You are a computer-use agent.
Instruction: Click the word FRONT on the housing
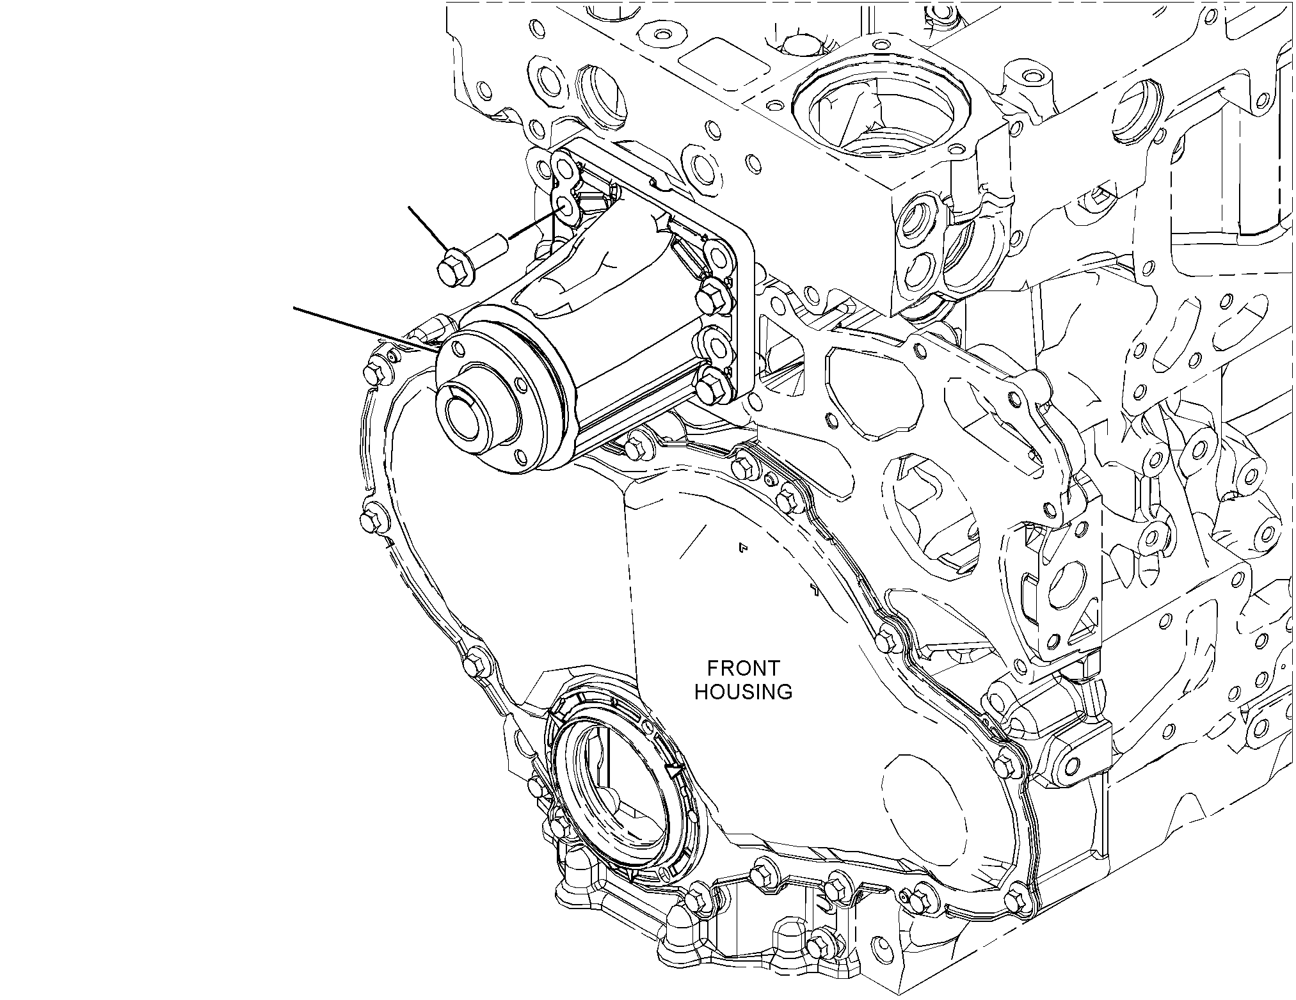click(743, 669)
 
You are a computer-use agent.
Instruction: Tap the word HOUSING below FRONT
click(743, 692)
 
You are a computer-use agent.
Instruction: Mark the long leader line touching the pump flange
click(366, 329)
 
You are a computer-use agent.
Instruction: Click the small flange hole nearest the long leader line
click(457, 349)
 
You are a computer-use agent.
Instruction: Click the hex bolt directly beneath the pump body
click(636, 444)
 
